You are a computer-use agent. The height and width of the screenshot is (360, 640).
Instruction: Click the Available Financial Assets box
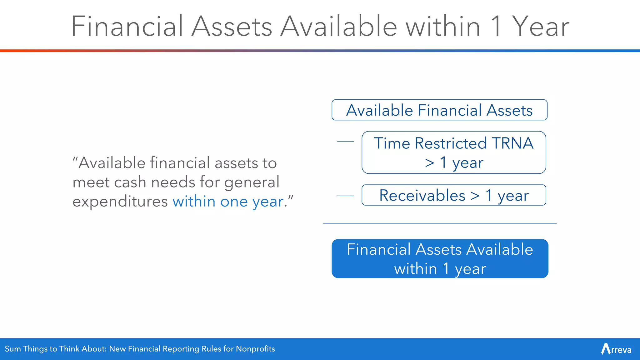click(x=439, y=110)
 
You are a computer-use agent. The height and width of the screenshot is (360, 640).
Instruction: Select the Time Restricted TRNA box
click(x=454, y=152)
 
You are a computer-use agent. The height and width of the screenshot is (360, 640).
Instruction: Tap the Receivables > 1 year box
click(x=454, y=195)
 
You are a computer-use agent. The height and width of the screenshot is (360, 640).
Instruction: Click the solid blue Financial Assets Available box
click(x=440, y=259)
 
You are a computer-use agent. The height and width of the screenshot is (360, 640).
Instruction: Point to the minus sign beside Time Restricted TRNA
click(x=345, y=141)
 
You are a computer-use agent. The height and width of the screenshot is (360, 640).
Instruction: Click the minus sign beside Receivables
click(x=345, y=196)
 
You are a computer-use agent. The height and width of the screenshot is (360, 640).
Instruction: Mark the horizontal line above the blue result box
click(x=440, y=223)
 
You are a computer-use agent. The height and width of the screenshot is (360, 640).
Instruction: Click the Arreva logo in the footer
click(x=616, y=349)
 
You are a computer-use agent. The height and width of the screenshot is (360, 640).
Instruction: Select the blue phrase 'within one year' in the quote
click(x=228, y=202)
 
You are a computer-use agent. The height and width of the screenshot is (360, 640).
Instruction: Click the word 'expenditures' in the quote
click(x=120, y=202)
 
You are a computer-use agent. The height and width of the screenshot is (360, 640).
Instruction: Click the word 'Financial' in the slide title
click(x=127, y=27)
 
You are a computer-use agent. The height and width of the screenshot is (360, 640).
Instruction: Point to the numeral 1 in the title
click(x=496, y=27)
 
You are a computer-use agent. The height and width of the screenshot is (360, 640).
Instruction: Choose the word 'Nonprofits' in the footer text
click(x=255, y=349)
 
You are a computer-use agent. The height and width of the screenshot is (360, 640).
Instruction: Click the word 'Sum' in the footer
click(x=13, y=349)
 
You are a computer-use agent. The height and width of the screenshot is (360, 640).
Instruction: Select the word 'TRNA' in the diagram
click(x=512, y=143)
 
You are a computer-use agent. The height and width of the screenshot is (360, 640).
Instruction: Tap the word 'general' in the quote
click(x=252, y=182)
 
